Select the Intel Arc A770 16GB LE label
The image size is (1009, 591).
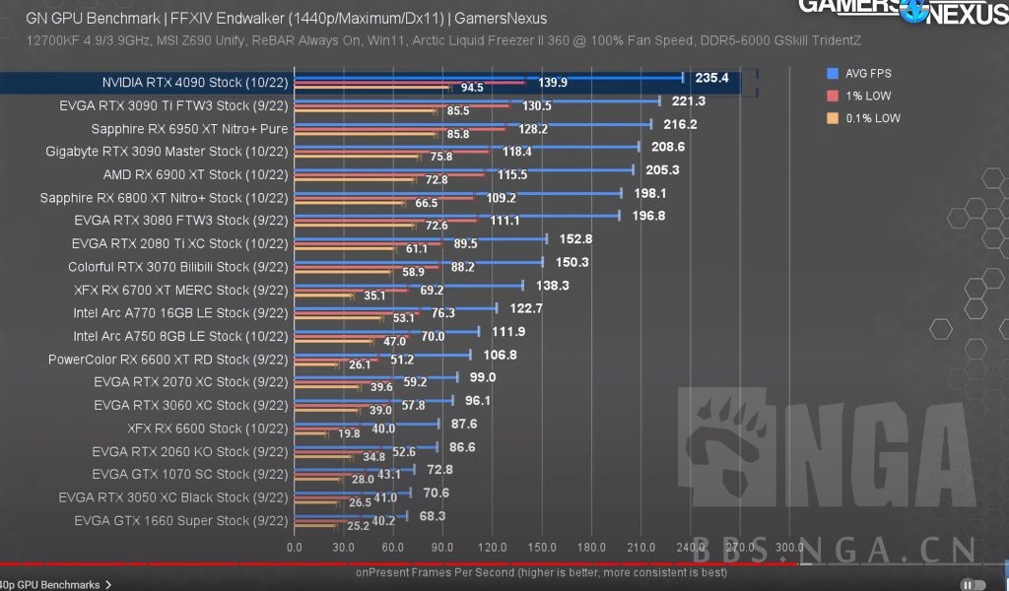180,313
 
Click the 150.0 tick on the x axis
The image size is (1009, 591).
542,547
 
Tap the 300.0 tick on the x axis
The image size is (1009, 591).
789,547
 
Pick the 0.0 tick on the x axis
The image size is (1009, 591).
294,547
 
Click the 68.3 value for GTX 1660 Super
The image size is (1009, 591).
432,515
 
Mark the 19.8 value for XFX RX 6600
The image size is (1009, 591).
350,433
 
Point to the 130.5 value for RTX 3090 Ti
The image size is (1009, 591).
537,105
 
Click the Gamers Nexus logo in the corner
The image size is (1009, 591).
902,12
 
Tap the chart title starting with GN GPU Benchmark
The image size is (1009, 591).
286,18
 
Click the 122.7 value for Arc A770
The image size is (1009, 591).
525,308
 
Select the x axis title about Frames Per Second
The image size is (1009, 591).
541,571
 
